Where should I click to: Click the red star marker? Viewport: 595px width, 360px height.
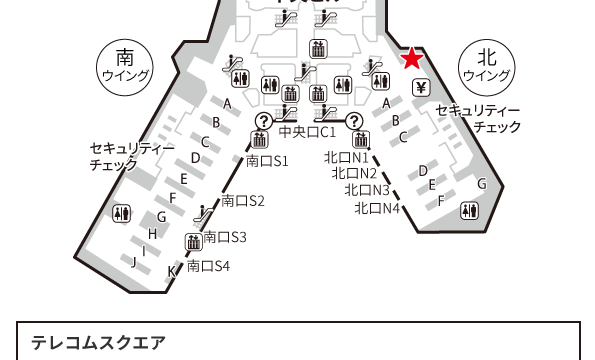click(411, 59)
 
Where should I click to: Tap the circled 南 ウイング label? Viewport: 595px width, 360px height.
click(125, 65)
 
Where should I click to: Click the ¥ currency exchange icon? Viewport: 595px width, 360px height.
click(421, 87)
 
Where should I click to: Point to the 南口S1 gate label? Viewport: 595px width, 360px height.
click(267, 160)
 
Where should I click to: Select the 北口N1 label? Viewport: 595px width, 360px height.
click(347, 158)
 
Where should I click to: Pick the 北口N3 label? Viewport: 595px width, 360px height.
click(367, 190)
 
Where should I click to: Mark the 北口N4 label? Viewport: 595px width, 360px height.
click(378, 208)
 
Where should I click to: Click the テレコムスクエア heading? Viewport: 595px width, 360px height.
click(98, 342)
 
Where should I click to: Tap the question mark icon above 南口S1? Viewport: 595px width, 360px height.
click(263, 121)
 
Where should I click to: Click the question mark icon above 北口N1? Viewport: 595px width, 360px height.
click(352, 121)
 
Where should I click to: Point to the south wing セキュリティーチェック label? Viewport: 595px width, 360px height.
click(132, 155)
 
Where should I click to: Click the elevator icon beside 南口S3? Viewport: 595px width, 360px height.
click(193, 241)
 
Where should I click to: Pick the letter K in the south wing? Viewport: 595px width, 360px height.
click(171, 270)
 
